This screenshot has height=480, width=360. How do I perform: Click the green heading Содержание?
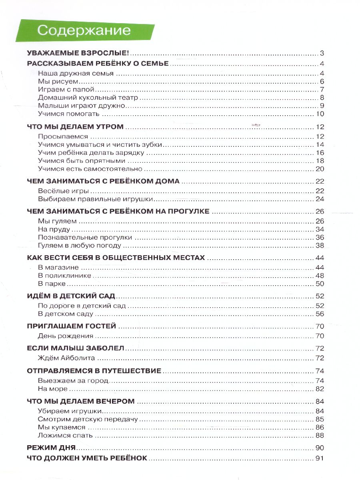point(84,31)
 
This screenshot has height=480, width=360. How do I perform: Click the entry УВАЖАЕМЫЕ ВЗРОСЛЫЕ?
point(80,53)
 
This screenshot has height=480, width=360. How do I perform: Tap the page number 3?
point(322,54)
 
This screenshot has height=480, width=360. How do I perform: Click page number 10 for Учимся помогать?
point(319,114)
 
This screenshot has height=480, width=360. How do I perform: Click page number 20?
point(319,169)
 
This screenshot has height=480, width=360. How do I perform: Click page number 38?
point(319,245)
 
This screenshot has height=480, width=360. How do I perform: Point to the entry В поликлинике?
point(65,276)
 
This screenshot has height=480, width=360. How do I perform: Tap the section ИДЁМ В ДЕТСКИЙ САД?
point(71,296)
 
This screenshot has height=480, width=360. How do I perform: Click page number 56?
point(319,314)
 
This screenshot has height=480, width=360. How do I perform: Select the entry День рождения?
point(66,336)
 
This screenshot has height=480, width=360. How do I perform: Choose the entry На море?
point(53,388)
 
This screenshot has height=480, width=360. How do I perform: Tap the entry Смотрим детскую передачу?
point(88,419)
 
